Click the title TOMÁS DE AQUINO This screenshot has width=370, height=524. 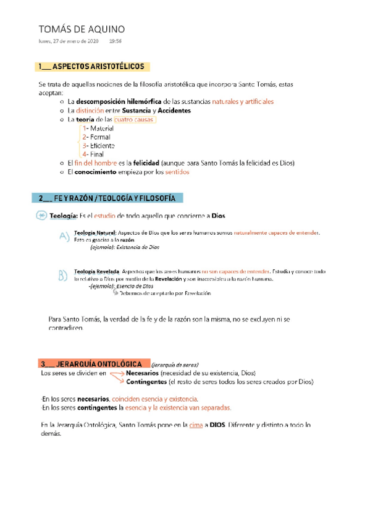click(x=81, y=29)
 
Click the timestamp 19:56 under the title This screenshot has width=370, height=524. click(x=115, y=41)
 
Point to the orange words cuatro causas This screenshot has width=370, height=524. click(x=134, y=119)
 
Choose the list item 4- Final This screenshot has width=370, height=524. click(x=93, y=154)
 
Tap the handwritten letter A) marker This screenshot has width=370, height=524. click(x=64, y=235)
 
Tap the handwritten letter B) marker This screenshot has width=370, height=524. click(x=62, y=275)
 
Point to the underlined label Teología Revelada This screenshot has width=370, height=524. click(x=96, y=272)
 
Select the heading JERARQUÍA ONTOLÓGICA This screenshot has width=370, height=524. click(x=94, y=363)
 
